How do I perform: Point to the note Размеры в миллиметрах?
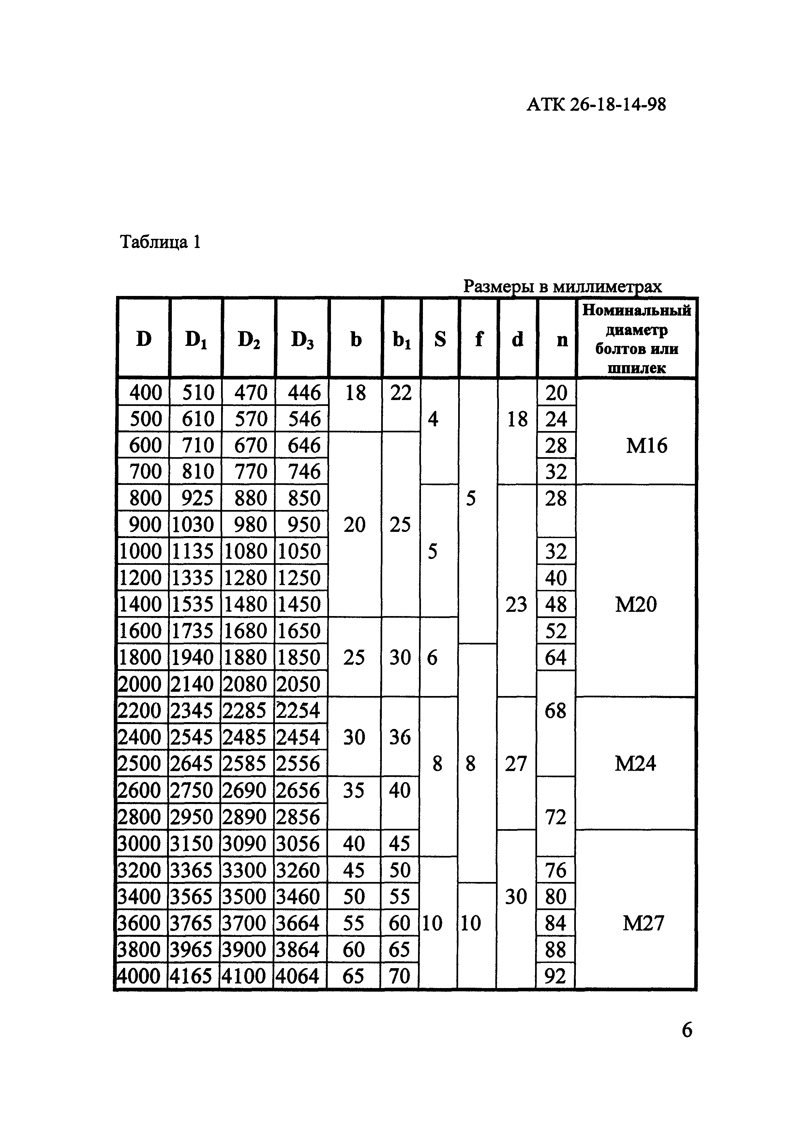click(x=562, y=286)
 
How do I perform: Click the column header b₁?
click(x=401, y=340)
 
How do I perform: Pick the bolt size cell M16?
click(x=647, y=445)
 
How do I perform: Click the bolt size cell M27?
click(x=643, y=923)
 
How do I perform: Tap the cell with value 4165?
click(x=191, y=976)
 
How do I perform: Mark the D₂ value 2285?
click(x=245, y=710)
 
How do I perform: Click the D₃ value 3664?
click(x=298, y=923)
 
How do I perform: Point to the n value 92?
click(x=556, y=976)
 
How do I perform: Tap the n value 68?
click(x=555, y=710)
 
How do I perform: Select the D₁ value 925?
click(x=197, y=498)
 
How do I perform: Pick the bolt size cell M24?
click(x=636, y=764)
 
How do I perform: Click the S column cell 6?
click(x=432, y=657)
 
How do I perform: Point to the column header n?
click(x=562, y=340)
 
